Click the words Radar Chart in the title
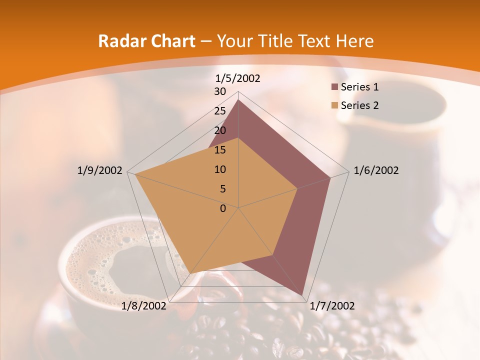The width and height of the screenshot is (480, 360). [146, 41]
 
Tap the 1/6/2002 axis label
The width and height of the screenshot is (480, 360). [376, 170]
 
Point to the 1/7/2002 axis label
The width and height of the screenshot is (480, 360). [332, 306]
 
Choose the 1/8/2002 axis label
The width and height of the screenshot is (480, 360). [144, 306]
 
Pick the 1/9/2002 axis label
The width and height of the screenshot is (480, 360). [99, 170]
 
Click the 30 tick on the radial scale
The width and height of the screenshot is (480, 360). [220, 91]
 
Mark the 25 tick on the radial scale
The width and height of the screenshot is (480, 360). [220, 111]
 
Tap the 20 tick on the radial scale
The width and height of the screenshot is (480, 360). [220, 130]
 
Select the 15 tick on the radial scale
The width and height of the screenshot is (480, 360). [220, 150]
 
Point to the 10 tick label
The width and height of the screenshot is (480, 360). [220, 169]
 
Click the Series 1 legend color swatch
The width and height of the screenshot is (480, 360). [335, 87]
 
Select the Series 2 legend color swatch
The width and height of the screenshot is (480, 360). [335, 105]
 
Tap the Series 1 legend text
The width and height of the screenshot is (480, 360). [359, 87]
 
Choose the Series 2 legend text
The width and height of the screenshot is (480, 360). [359, 105]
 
